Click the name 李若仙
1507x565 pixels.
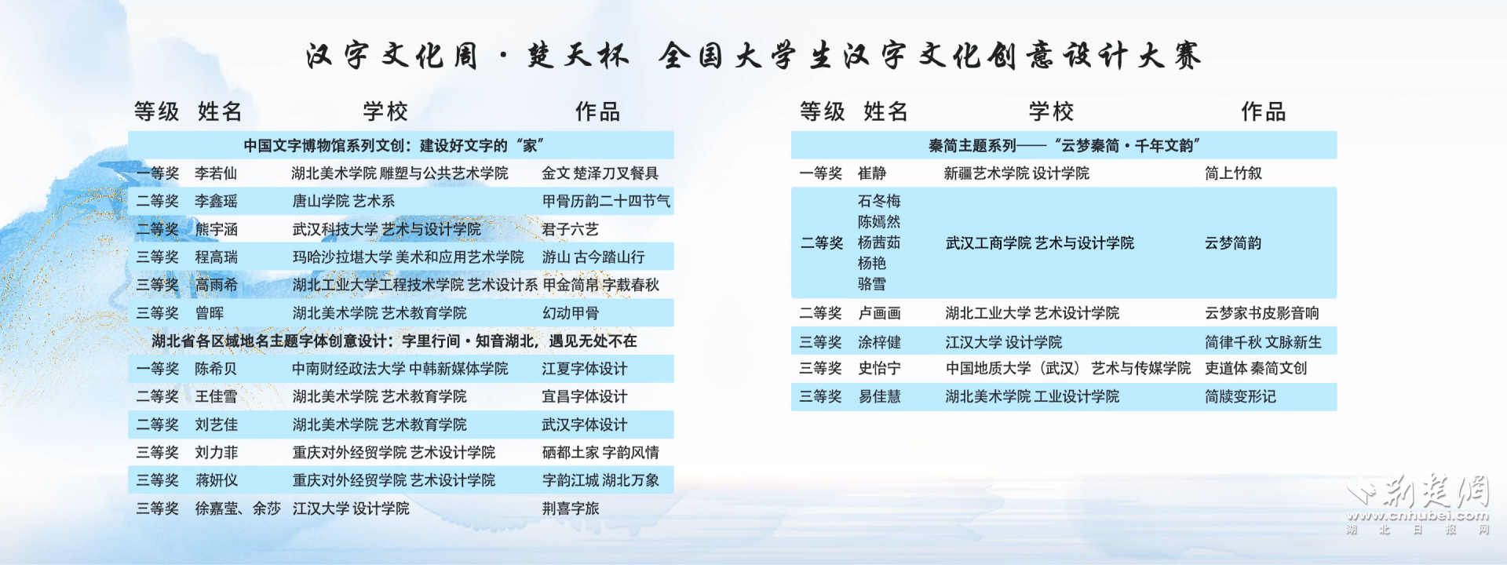click(x=216, y=173)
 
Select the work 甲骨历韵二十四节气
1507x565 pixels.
click(x=606, y=202)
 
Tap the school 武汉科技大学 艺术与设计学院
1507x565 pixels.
click(x=386, y=230)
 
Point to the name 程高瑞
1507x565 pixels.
click(x=216, y=257)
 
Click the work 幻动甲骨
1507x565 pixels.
click(x=571, y=313)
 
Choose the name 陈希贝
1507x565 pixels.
click(x=216, y=369)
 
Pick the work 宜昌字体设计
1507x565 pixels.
click(x=585, y=396)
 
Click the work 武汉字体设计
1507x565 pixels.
click(x=585, y=425)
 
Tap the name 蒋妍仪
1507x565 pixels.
click(x=216, y=480)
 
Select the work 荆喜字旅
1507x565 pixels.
click(x=571, y=508)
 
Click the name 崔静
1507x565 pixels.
click(x=872, y=173)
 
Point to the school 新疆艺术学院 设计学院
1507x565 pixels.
click(x=1016, y=173)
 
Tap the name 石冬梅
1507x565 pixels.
click(x=879, y=202)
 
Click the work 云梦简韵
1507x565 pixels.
click(x=1233, y=243)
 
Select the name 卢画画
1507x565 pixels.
click(x=879, y=313)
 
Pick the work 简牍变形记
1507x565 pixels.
click(x=1240, y=396)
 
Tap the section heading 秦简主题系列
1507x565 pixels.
click(x=972, y=145)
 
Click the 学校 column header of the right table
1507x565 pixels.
click(x=1051, y=111)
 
